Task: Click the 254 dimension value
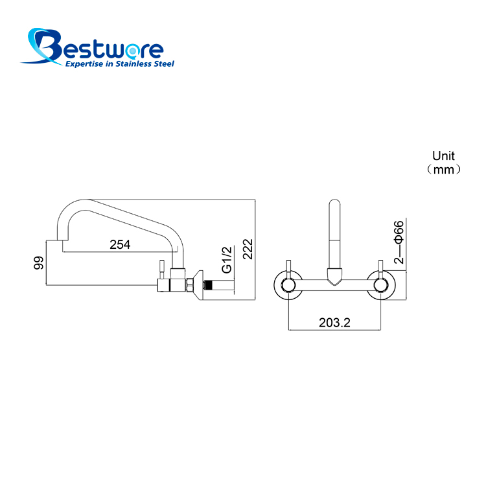[x=120, y=244]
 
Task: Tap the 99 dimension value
[x=39, y=263]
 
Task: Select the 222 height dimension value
[x=248, y=249]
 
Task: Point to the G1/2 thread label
[x=227, y=260]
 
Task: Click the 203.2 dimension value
[x=334, y=323]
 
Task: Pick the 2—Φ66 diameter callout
[x=399, y=242]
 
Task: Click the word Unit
[x=443, y=156]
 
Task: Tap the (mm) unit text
[x=443, y=170]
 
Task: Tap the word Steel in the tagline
[x=165, y=64]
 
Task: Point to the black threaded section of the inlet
[x=209, y=285]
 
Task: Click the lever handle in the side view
[x=161, y=270]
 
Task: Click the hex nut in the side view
[x=190, y=285]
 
